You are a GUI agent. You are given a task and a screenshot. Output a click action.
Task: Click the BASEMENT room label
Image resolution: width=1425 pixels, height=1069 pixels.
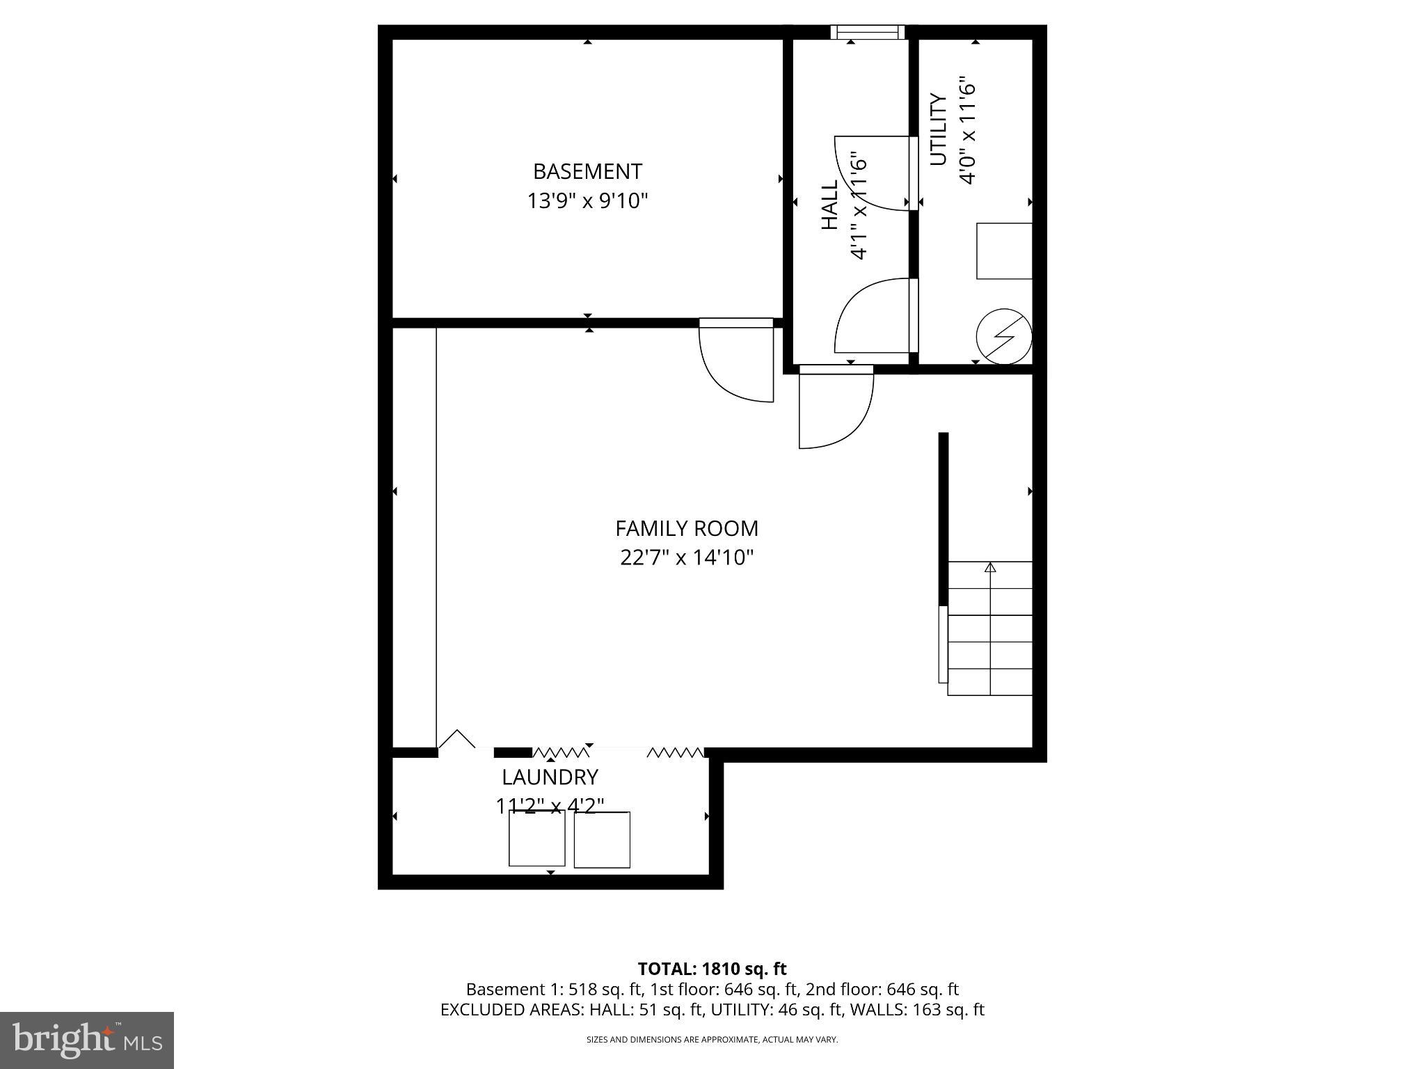587,171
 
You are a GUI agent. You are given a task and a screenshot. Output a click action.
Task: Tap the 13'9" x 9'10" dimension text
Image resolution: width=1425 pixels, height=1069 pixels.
587,201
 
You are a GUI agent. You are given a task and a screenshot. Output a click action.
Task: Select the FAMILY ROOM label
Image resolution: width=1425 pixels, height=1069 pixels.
687,528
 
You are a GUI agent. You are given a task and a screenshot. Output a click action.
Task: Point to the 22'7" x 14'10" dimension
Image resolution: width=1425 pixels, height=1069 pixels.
687,557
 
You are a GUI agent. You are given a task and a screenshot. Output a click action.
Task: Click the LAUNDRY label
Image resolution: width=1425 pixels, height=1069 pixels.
550,777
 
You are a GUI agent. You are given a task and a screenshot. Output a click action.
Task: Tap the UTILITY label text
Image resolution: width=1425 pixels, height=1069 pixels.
939,129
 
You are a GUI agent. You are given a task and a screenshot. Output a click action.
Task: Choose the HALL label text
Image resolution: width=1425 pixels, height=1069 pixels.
830,205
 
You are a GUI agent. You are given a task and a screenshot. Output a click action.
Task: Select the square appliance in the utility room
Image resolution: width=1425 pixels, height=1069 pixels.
1004,251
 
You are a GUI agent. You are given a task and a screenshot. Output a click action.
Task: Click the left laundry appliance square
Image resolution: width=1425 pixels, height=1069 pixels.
536,839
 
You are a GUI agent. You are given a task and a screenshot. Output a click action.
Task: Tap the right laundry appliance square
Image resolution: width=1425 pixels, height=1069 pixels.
602,840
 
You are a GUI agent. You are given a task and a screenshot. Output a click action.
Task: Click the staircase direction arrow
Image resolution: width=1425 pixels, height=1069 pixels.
990,567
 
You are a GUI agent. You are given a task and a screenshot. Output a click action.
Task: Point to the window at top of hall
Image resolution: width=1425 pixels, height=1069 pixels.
868,32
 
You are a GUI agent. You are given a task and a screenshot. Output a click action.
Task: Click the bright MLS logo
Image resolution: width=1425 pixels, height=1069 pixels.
87,1040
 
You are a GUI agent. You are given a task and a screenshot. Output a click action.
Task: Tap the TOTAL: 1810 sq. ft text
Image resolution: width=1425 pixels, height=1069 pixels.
712,969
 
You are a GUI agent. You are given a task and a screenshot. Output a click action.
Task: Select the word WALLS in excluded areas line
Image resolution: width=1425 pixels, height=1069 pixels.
879,1009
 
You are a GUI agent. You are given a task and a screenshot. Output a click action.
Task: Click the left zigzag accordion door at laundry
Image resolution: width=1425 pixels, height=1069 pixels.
560,752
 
